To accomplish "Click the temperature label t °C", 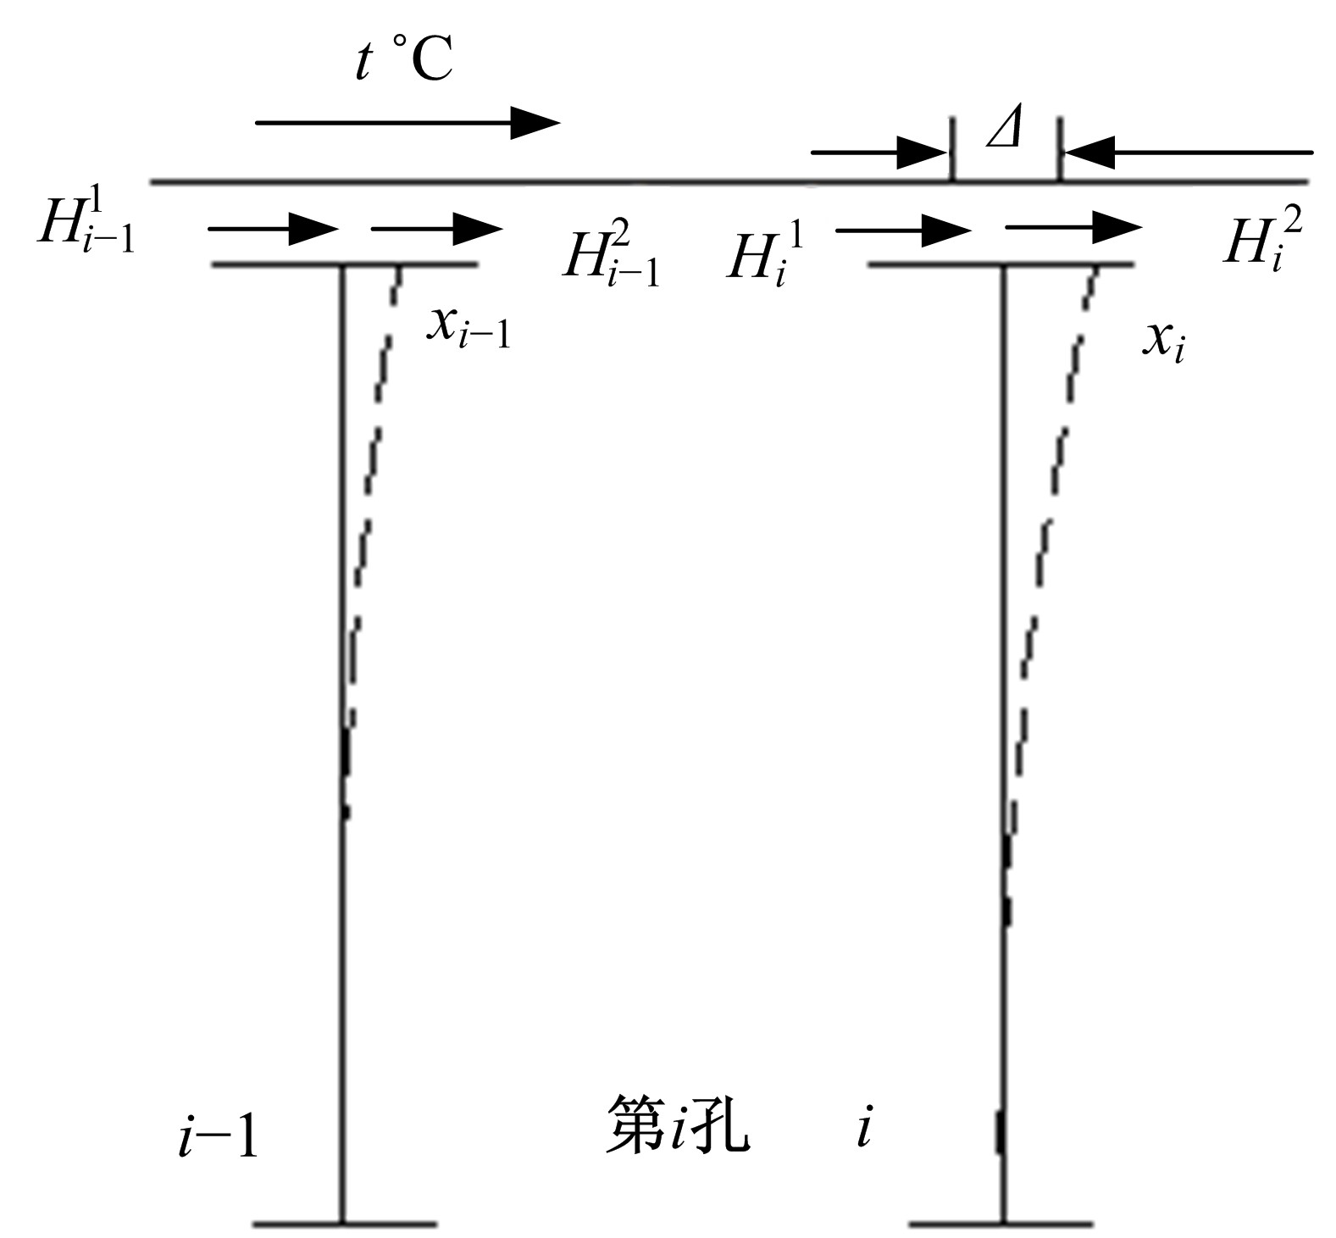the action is [x=404, y=61].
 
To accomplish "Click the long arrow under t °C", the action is [x=407, y=123].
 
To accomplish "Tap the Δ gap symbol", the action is [x=1005, y=130].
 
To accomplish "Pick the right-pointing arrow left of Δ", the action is [x=879, y=153].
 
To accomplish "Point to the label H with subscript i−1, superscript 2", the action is [x=611, y=258].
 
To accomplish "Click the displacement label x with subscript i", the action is [x=1163, y=341].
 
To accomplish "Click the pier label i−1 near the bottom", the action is [x=218, y=1135].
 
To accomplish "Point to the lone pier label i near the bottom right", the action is [x=864, y=1130].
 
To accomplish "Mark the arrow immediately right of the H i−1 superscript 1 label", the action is [x=274, y=229].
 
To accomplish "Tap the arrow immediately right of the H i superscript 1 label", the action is [x=904, y=229].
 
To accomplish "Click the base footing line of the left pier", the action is [x=345, y=1224].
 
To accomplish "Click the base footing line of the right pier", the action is [x=1001, y=1224].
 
